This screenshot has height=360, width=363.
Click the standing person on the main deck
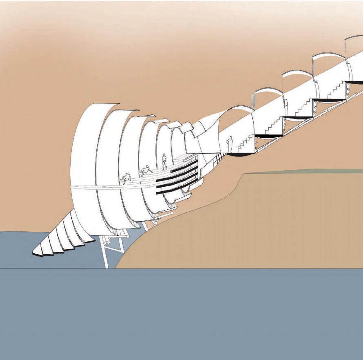coord(164,162)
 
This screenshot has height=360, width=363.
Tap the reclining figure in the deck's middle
coord(146,170)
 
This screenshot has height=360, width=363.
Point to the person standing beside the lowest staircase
coord(230,144)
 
